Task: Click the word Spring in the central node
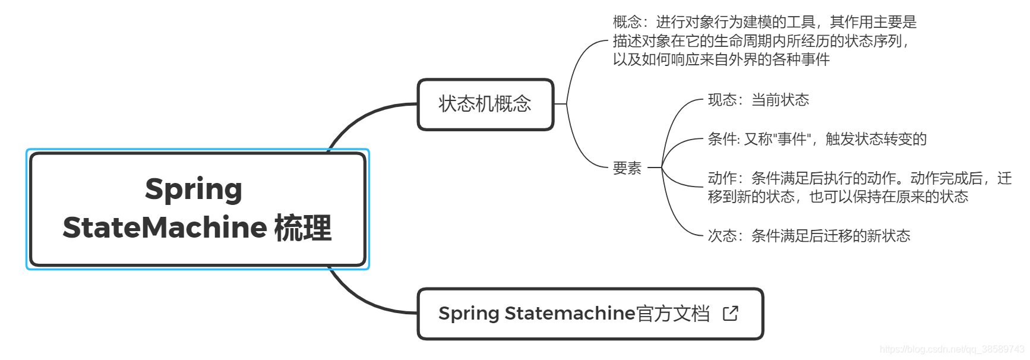click(x=194, y=190)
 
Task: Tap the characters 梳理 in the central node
click(x=302, y=228)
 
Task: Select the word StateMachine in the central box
click(x=165, y=228)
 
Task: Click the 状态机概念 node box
click(x=485, y=104)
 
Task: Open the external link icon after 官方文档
click(x=730, y=313)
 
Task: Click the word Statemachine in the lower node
click(x=570, y=313)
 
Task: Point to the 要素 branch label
click(x=627, y=168)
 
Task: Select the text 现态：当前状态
click(x=758, y=100)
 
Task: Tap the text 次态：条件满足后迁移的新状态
click(x=808, y=236)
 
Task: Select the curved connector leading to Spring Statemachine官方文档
click(x=362, y=301)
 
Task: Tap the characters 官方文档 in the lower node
click(x=672, y=313)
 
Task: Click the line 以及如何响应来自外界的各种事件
click(x=721, y=59)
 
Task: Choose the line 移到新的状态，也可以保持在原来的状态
click(x=838, y=197)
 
